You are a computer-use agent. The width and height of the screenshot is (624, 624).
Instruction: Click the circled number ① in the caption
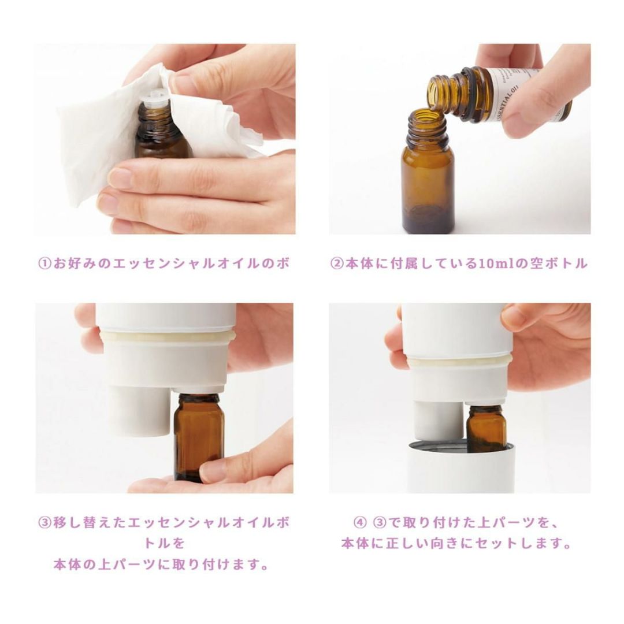click(44, 263)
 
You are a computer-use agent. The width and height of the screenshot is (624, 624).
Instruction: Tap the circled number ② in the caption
click(337, 263)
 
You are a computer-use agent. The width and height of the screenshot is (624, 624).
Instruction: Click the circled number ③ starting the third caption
click(44, 522)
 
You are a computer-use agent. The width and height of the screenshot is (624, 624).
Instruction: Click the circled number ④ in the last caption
click(359, 522)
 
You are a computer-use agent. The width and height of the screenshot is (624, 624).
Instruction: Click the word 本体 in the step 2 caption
click(356, 263)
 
